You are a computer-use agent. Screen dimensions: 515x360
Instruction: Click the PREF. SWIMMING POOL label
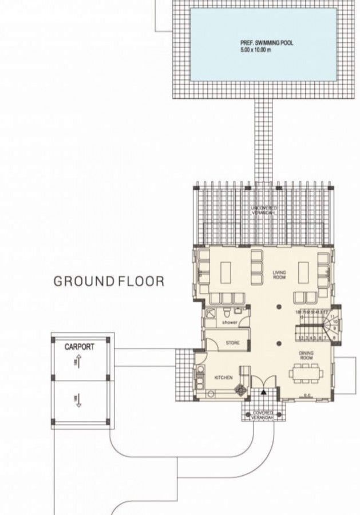tap(266, 43)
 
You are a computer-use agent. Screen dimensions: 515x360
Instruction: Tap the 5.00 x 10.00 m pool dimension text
tap(255, 50)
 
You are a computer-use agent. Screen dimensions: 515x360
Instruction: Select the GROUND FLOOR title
tap(109, 282)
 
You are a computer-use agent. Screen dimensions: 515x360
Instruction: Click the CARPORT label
tap(79, 347)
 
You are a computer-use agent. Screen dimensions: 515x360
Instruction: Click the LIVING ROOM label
tap(279, 275)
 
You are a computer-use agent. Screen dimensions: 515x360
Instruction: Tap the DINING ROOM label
tap(306, 356)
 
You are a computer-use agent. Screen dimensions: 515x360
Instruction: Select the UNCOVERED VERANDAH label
tap(264, 209)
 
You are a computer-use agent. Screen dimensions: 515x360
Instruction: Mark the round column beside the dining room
tap(279, 344)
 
